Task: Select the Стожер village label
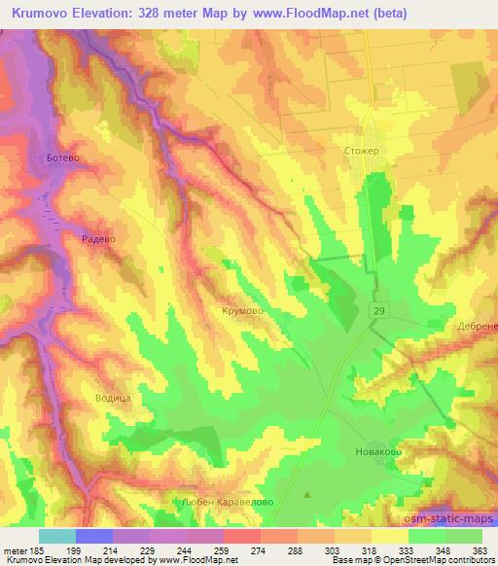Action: (x=361, y=151)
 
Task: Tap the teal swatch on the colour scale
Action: (x=56, y=536)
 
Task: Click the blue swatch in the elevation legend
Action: (x=94, y=536)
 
